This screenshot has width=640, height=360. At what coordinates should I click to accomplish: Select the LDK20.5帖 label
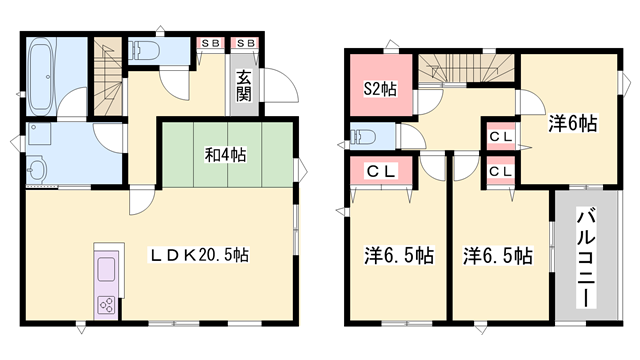click(201, 254)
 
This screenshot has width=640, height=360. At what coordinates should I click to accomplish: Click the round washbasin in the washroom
click(39, 168)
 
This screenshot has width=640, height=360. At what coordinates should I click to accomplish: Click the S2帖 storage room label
click(379, 90)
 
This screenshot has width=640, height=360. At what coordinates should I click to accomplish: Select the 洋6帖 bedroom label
click(572, 124)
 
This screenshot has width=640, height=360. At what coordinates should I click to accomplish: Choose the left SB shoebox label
click(211, 44)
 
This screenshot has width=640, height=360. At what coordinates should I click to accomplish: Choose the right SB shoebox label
click(246, 44)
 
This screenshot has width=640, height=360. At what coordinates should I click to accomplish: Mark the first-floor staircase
click(106, 70)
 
